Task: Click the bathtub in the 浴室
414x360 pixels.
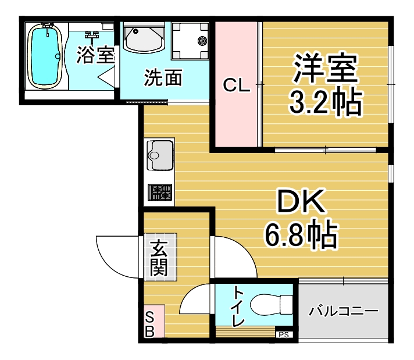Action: [45, 56]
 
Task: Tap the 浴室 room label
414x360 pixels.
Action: [95, 55]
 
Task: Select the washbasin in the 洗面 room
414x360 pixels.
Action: [144, 38]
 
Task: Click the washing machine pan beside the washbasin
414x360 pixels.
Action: [190, 41]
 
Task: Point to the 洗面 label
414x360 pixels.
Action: [163, 78]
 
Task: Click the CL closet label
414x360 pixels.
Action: [236, 85]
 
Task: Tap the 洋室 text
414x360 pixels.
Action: [325, 67]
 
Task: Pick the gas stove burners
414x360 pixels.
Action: [160, 193]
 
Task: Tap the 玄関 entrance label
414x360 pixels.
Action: [159, 258]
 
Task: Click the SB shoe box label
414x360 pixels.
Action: [149, 324]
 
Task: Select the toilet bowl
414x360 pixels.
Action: [272, 305]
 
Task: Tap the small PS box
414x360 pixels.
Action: [284, 334]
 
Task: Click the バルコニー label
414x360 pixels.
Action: [343, 311]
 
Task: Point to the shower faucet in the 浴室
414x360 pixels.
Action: [92, 35]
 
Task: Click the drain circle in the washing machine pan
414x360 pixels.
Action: [202, 41]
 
